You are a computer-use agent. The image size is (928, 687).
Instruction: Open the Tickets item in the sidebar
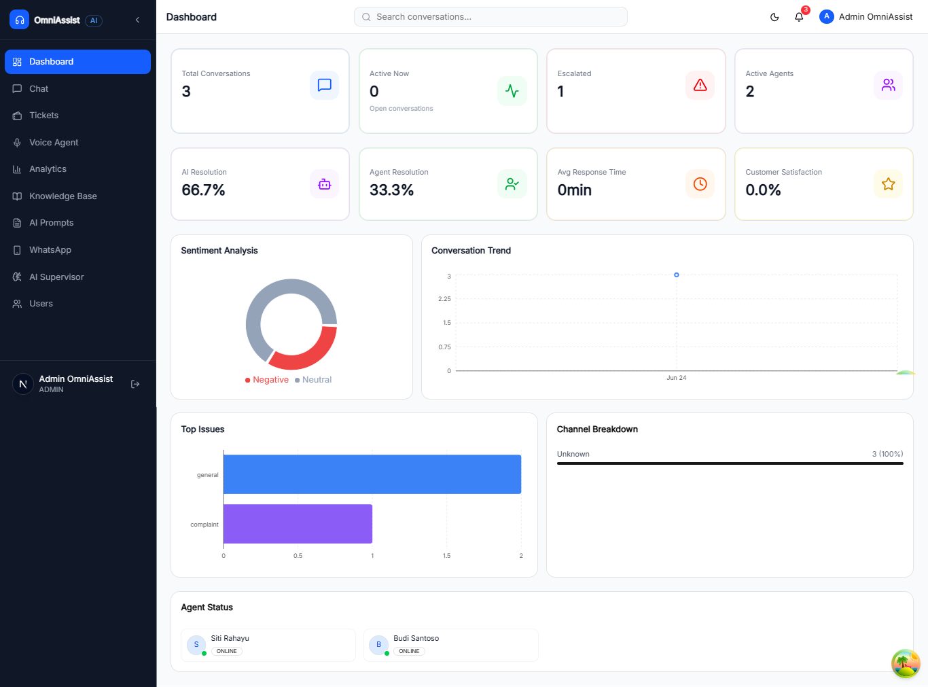[43, 115]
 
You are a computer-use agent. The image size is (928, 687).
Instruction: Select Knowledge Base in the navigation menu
[63, 196]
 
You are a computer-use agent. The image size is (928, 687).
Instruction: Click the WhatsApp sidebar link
[50, 250]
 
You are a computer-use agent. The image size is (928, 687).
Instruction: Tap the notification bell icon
[799, 17]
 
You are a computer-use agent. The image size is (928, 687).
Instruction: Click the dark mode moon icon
[774, 17]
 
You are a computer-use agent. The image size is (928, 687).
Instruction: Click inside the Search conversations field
[490, 17]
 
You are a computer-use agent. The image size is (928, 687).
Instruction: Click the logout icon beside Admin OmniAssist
[135, 384]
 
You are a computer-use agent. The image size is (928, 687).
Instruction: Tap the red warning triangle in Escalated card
[700, 86]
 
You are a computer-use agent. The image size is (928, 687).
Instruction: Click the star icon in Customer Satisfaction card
[888, 183]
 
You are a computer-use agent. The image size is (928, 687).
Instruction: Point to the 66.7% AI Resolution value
[203, 190]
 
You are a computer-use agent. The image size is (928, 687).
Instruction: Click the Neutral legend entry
[313, 380]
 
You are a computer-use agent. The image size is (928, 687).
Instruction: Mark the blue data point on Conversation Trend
[676, 275]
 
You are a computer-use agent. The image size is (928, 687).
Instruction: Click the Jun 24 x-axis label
[676, 378]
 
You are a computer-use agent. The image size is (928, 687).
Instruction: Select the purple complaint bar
[298, 524]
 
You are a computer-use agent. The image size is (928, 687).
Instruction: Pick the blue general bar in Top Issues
[372, 474]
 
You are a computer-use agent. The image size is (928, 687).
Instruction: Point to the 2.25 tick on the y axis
[444, 299]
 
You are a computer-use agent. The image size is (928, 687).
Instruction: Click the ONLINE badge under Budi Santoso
[409, 651]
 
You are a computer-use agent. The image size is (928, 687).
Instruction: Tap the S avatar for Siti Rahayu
[196, 645]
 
